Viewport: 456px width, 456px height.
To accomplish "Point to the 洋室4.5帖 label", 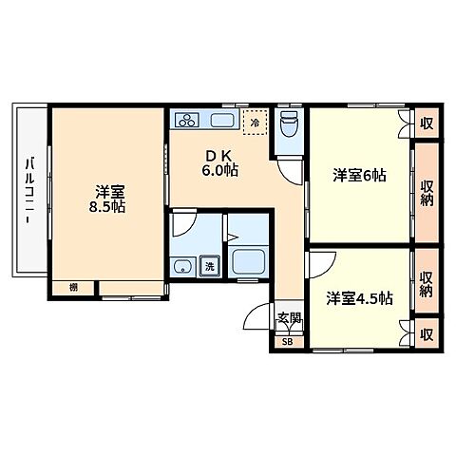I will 359,299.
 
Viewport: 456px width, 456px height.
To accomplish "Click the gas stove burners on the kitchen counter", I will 186,121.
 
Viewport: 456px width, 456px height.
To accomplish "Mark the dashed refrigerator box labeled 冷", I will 254,122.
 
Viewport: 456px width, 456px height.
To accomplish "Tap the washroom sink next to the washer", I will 180,265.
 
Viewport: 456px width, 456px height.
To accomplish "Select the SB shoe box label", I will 287,339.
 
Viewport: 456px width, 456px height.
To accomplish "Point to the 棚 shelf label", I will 73,288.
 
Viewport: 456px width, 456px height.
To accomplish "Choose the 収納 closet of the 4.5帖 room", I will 427,284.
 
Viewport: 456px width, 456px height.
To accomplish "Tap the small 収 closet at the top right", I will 427,123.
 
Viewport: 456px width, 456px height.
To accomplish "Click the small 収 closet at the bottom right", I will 427,334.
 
